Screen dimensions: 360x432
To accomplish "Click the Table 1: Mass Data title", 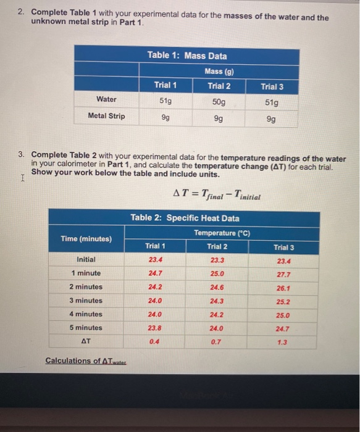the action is [187, 56].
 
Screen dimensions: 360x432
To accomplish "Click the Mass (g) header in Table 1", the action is [219, 72].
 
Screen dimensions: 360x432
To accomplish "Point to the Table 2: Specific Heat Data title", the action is [185, 218].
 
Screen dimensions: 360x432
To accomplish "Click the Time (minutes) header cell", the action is [86, 239].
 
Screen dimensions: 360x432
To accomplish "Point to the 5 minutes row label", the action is [86, 328].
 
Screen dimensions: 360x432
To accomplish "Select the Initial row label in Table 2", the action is [86, 260].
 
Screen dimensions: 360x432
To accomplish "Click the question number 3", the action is [20, 154].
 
